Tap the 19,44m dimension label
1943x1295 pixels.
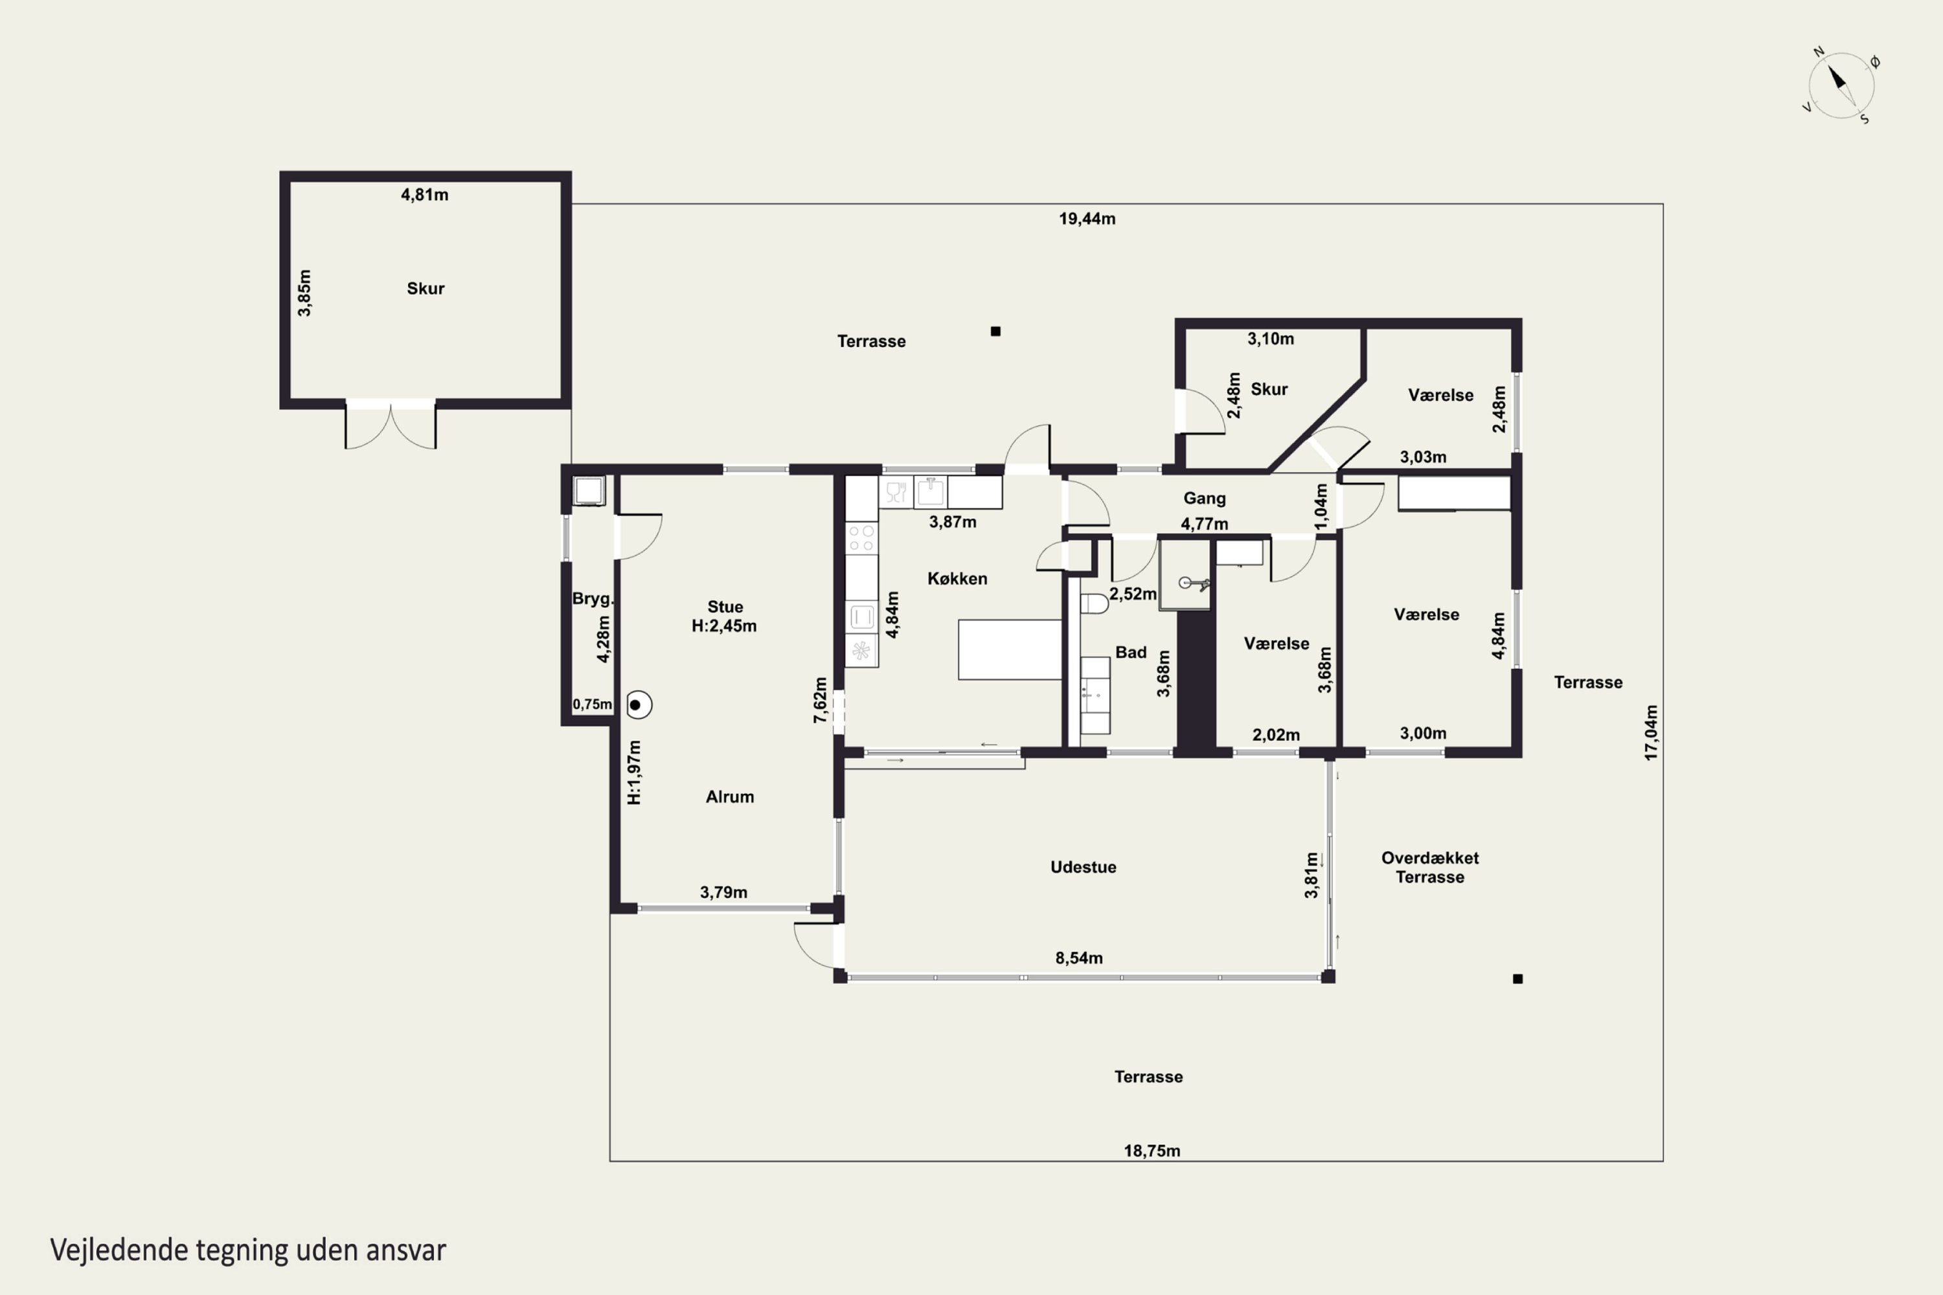1087,219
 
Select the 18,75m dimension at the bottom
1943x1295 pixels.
1152,1151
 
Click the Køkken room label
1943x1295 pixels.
957,579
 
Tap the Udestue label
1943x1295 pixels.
1083,867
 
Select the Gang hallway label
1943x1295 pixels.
1205,498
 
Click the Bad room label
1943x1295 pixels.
1131,653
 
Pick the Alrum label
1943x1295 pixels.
729,797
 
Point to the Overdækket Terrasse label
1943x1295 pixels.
1430,867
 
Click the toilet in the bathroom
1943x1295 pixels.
1094,603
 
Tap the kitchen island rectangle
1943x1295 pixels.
1010,650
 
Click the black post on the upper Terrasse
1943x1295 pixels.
995,331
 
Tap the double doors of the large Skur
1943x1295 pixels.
390,425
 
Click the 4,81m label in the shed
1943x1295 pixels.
425,195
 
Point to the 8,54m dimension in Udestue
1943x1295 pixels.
1079,958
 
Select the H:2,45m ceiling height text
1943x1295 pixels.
723,626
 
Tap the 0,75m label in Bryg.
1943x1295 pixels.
593,704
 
